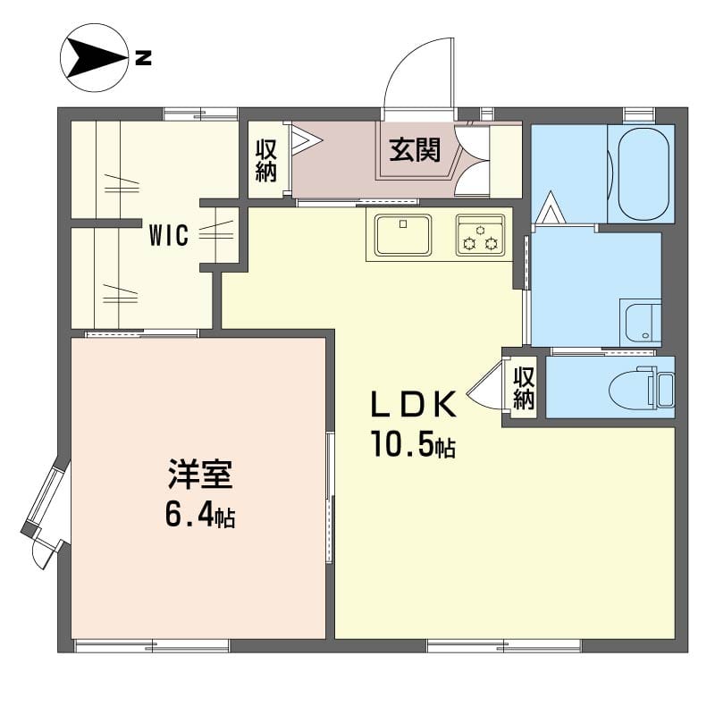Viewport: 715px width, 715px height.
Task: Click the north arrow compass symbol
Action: pos(94,58)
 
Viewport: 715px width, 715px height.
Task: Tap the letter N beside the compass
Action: pos(143,58)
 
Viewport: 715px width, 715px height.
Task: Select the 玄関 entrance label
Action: pos(415,150)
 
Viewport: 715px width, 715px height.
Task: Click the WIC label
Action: pos(169,236)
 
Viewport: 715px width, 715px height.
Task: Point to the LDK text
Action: pos(414,405)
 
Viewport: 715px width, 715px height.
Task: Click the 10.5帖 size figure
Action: pos(414,443)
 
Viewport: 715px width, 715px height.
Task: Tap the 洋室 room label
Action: pos(200,475)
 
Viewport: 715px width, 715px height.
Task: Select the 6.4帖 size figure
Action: pos(200,515)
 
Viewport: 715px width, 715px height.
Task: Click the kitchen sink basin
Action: pos(403,235)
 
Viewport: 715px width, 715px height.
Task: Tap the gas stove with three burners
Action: pos(481,235)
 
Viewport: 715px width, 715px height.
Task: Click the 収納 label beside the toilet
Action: pos(524,388)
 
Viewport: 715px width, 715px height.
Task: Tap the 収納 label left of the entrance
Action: pos(266,161)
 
